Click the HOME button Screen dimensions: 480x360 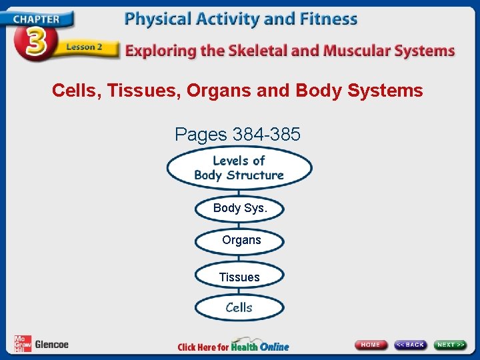[371, 345]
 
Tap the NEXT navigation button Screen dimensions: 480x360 [451, 345]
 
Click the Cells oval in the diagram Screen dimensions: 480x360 [239, 307]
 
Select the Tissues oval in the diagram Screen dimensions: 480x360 [239, 277]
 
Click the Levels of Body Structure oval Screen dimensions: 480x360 [239, 168]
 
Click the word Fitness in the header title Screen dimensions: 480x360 [325, 19]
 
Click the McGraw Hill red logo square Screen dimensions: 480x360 [23, 343]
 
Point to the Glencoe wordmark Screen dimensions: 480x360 [51, 345]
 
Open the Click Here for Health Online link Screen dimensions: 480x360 [233, 346]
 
